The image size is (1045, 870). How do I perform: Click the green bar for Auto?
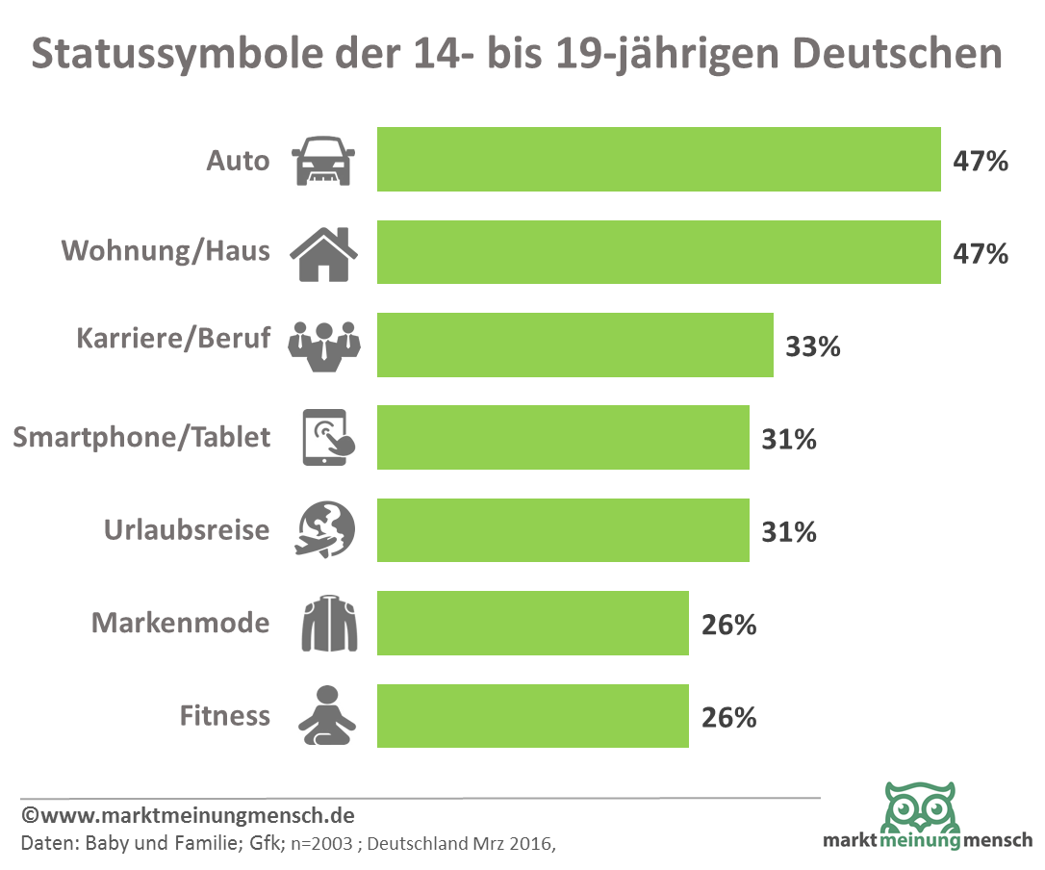click(658, 160)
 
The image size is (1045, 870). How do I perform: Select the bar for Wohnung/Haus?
click(658, 252)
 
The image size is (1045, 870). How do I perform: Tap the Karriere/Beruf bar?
click(574, 345)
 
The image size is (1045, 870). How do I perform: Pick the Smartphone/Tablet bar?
click(563, 438)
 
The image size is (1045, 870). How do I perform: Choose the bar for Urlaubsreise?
click(563, 530)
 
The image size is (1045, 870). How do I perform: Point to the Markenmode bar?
click(532, 624)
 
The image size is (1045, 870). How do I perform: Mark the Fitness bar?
click(532, 716)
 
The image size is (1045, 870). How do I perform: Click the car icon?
click(322, 160)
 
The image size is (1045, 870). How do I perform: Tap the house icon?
click(323, 252)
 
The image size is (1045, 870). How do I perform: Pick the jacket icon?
click(328, 624)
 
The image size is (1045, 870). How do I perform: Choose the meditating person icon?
click(326, 716)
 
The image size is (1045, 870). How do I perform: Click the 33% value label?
click(813, 345)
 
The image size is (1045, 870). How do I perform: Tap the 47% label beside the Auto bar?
click(981, 161)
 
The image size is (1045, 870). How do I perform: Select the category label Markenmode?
click(180, 623)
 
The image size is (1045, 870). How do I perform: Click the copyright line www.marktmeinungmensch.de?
click(189, 816)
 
